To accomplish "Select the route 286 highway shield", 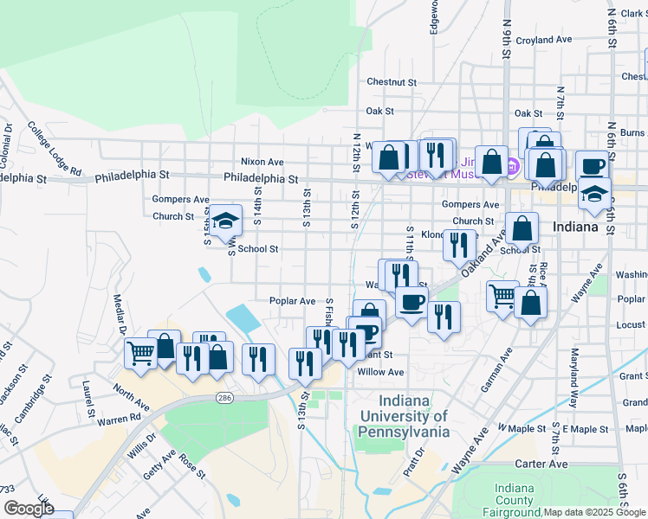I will click(x=224, y=397).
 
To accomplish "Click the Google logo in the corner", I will click(x=28, y=509).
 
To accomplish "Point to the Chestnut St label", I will click(x=392, y=82).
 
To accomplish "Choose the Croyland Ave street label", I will click(x=543, y=40).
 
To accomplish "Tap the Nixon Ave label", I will click(x=262, y=162).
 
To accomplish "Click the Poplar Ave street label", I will click(x=292, y=301).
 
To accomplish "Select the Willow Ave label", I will click(x=381, y=372).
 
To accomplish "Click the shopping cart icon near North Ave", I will click(x=140, y=352).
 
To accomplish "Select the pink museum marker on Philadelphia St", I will click(x=512, y=165).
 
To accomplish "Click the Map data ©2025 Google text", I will click(x=593, y=512).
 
